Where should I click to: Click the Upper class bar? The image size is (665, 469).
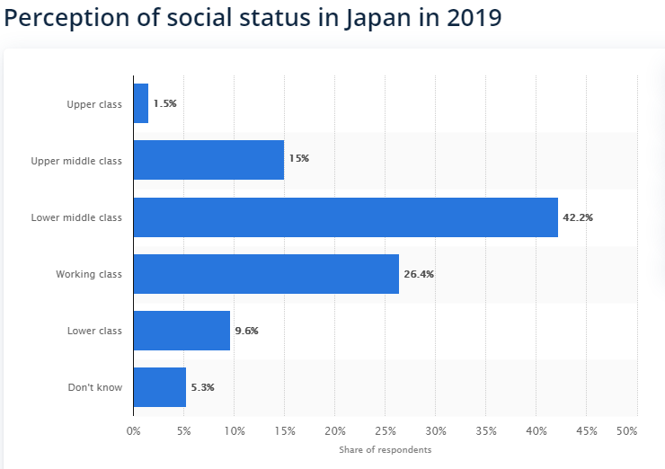pos(141,103)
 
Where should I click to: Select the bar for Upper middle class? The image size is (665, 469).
pos(208,160)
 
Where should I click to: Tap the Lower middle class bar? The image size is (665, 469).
pos(346,217)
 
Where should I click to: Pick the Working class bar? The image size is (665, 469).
pos(266,274)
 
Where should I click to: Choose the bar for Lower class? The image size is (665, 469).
pos(182,331)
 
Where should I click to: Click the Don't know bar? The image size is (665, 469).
pos(160,387)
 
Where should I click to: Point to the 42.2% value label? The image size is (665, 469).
pos(578,217)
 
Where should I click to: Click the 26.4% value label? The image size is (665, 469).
pos(419,274)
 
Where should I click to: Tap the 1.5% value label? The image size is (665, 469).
pos(164,103)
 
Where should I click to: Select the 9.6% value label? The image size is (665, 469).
pos(246,331)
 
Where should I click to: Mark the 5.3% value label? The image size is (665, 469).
pos(202,387)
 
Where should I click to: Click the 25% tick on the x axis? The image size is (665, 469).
pos(385,430)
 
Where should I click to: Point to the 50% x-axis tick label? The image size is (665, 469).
pos(626,430)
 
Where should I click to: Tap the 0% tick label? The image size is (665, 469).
pos(133,430)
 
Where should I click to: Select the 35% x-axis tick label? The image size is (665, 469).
pos(485,430)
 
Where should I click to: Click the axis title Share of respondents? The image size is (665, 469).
pos(385,449)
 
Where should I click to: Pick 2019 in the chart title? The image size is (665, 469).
pos(471,19)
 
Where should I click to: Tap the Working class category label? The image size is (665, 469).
pos(88,274)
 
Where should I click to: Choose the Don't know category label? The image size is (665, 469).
pos(94,387)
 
